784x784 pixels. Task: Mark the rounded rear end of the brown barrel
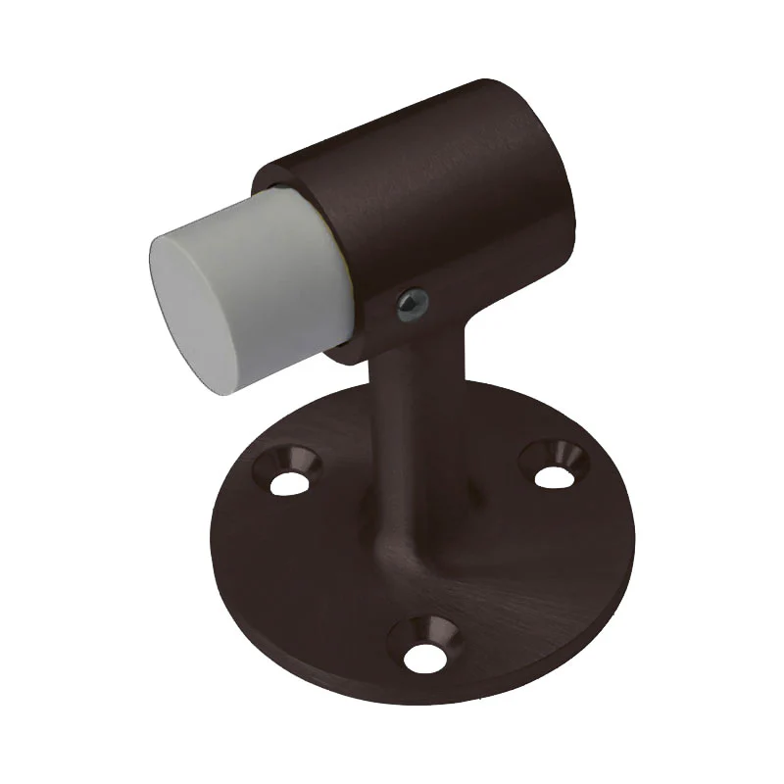(x=549, y=167)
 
